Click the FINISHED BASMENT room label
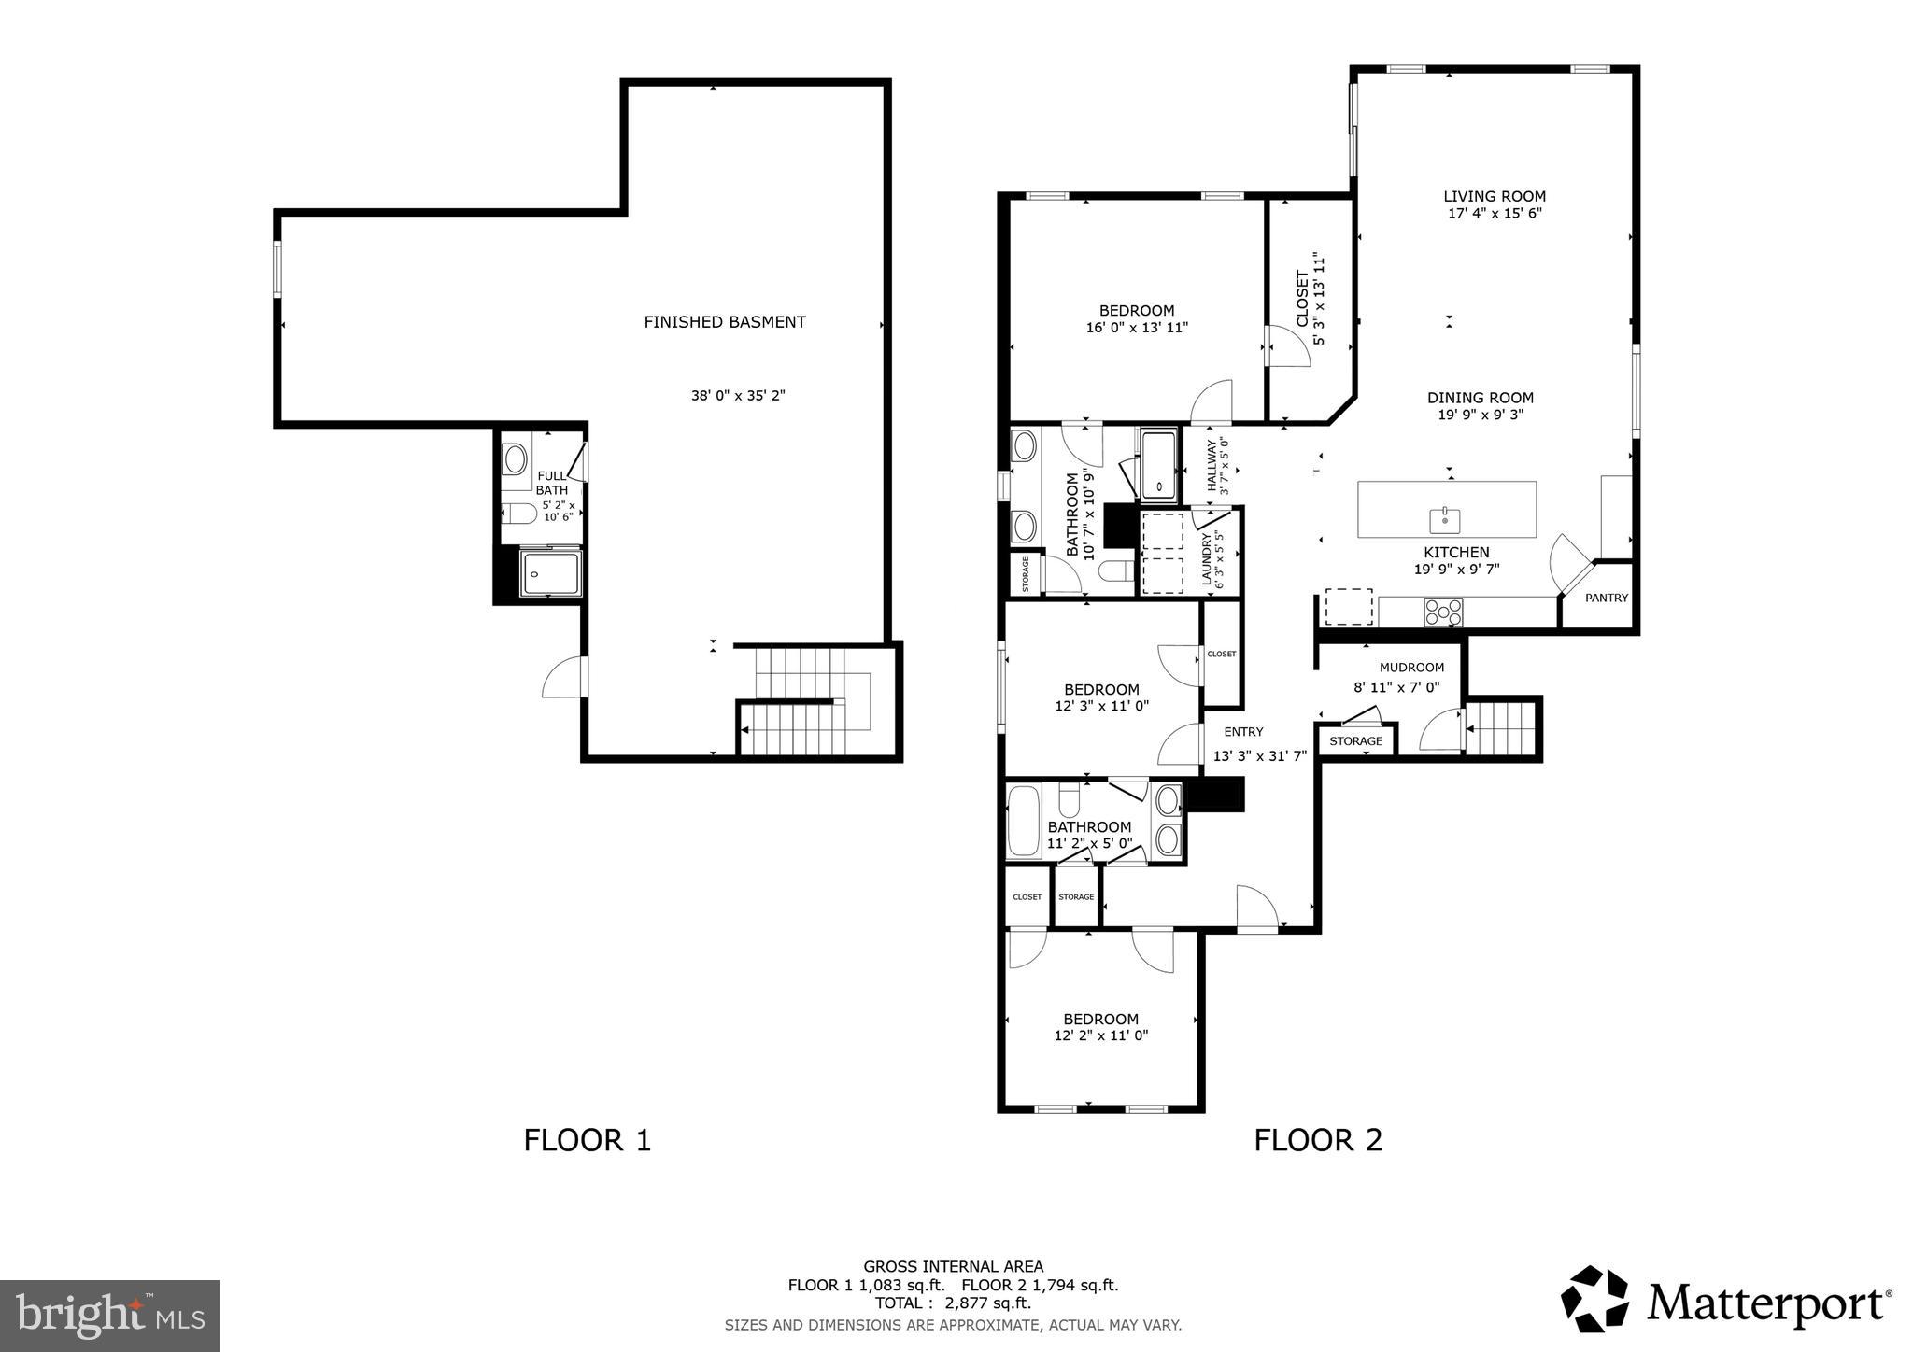tap(724, 322)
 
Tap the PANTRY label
tap(1607, 598)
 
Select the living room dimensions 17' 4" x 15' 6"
tap(1494, 213)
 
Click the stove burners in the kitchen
tap(1443, 612)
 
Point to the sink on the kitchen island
tap(1444, 517)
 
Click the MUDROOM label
tap(1411, 668)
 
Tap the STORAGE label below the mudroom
tap(1355, 741)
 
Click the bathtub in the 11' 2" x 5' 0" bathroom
tap(1025, 822)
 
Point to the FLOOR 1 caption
tap(587, 1140)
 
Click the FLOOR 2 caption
tap(1317, 1140)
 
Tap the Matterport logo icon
tap(1594, 1299)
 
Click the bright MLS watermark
tap(109, 1316)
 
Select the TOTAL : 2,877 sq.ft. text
tap(953, 1303)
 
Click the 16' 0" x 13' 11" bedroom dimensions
tap(1137, 328)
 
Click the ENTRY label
tap(1243, 732)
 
